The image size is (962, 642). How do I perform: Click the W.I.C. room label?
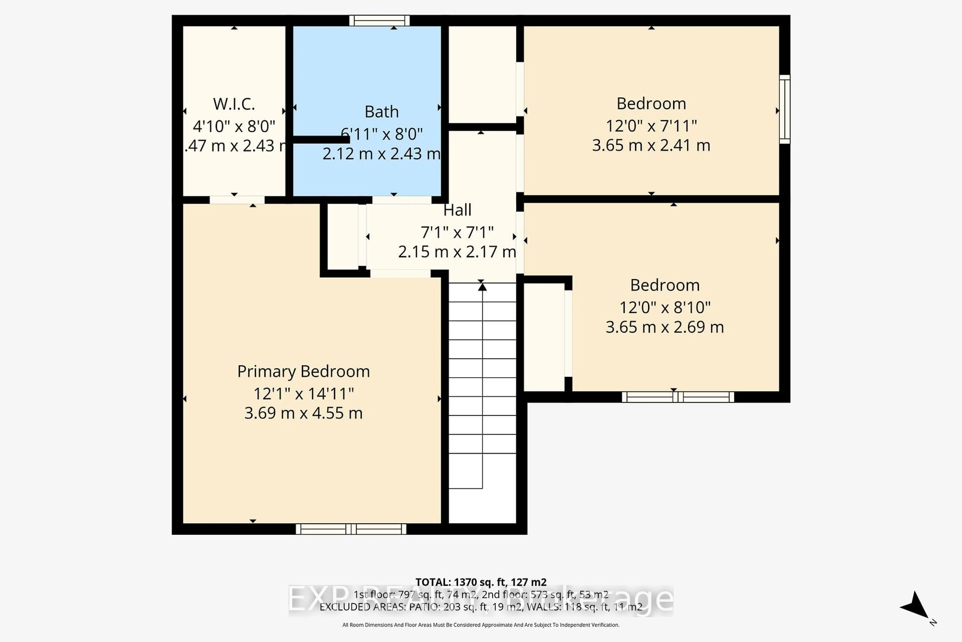coord(234,104)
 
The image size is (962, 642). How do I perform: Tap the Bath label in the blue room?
coord(381,112)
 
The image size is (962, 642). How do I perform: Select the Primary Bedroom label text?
coord(303,371)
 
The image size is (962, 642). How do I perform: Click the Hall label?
coord(457,210)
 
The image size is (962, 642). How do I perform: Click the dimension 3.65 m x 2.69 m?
coord(665,327)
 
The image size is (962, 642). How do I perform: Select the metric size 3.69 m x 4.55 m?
coord(303,413)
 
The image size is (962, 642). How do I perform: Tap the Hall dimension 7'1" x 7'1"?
coord(457,232)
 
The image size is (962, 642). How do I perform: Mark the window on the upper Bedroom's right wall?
coord(784,109)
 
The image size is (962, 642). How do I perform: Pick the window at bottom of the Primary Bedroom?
coord(351,529)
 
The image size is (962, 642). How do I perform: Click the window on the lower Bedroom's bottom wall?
coord(678,397)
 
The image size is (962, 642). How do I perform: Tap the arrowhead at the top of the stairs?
coord(482,287)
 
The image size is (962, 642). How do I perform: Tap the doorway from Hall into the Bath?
coord(401,200)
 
